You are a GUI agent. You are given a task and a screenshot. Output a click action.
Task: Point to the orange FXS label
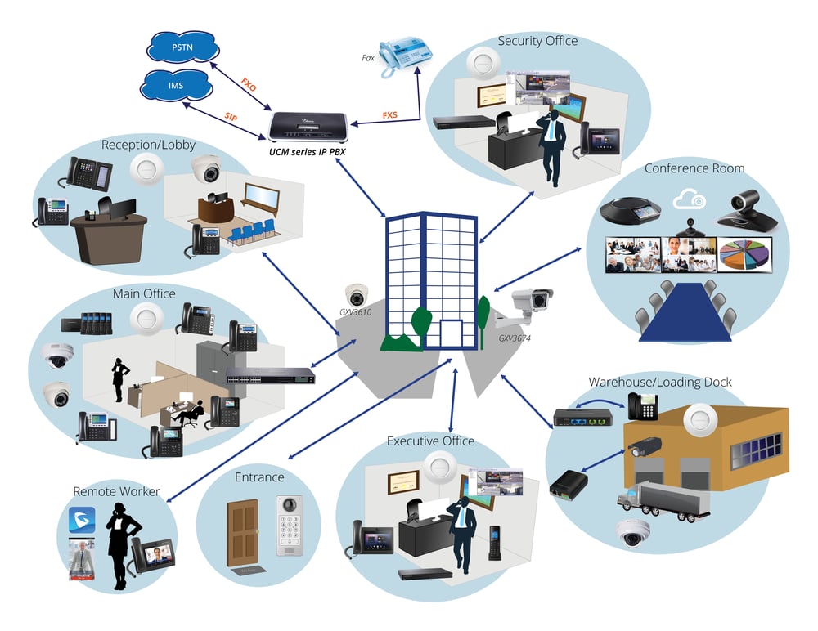coord(389,115)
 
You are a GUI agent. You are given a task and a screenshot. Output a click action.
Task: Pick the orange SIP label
coord(231,118)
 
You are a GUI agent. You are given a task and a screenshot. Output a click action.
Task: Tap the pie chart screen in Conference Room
coord(745,253)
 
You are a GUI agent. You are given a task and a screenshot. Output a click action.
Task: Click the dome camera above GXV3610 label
coord(357,295)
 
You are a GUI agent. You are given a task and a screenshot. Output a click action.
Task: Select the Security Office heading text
coord(537,41)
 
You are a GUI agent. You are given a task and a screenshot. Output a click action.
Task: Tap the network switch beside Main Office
coord(271,376)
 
